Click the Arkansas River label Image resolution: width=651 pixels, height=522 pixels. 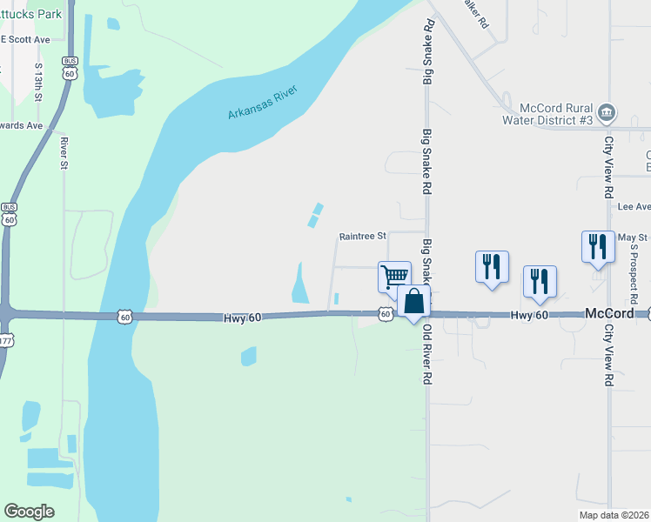pyautogui.click(x=263, y=103)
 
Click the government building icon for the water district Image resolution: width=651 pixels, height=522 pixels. pyautogui.click(x=607, y=111)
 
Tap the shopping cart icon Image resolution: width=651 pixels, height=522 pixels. pyautogui.click(x=395, y=277)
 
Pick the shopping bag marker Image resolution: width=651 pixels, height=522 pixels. pyautogui.click(x=414, y=302)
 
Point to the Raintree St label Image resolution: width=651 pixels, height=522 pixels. pyautogui.click(x=362, y=236)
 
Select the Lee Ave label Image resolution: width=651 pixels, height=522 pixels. pyautogui.click(x=634, y=207)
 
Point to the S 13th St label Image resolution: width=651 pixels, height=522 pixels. pyautogui.click(x=39, y=81)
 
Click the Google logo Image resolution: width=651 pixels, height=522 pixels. pyautogui.click(x=30, y=512)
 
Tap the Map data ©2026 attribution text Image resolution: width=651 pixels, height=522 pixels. pyautogui.click(x=613, y=515)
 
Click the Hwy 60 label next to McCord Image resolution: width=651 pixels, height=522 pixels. pyautogui.click(x=529, y=315)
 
